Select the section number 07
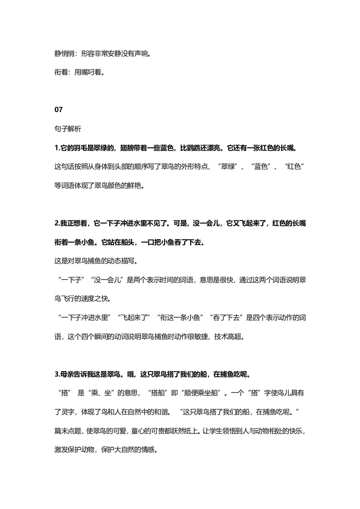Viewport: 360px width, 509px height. click(58, 110)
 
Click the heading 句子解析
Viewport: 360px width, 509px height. click(68, 129)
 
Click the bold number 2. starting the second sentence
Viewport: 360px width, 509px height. click(57, 223)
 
